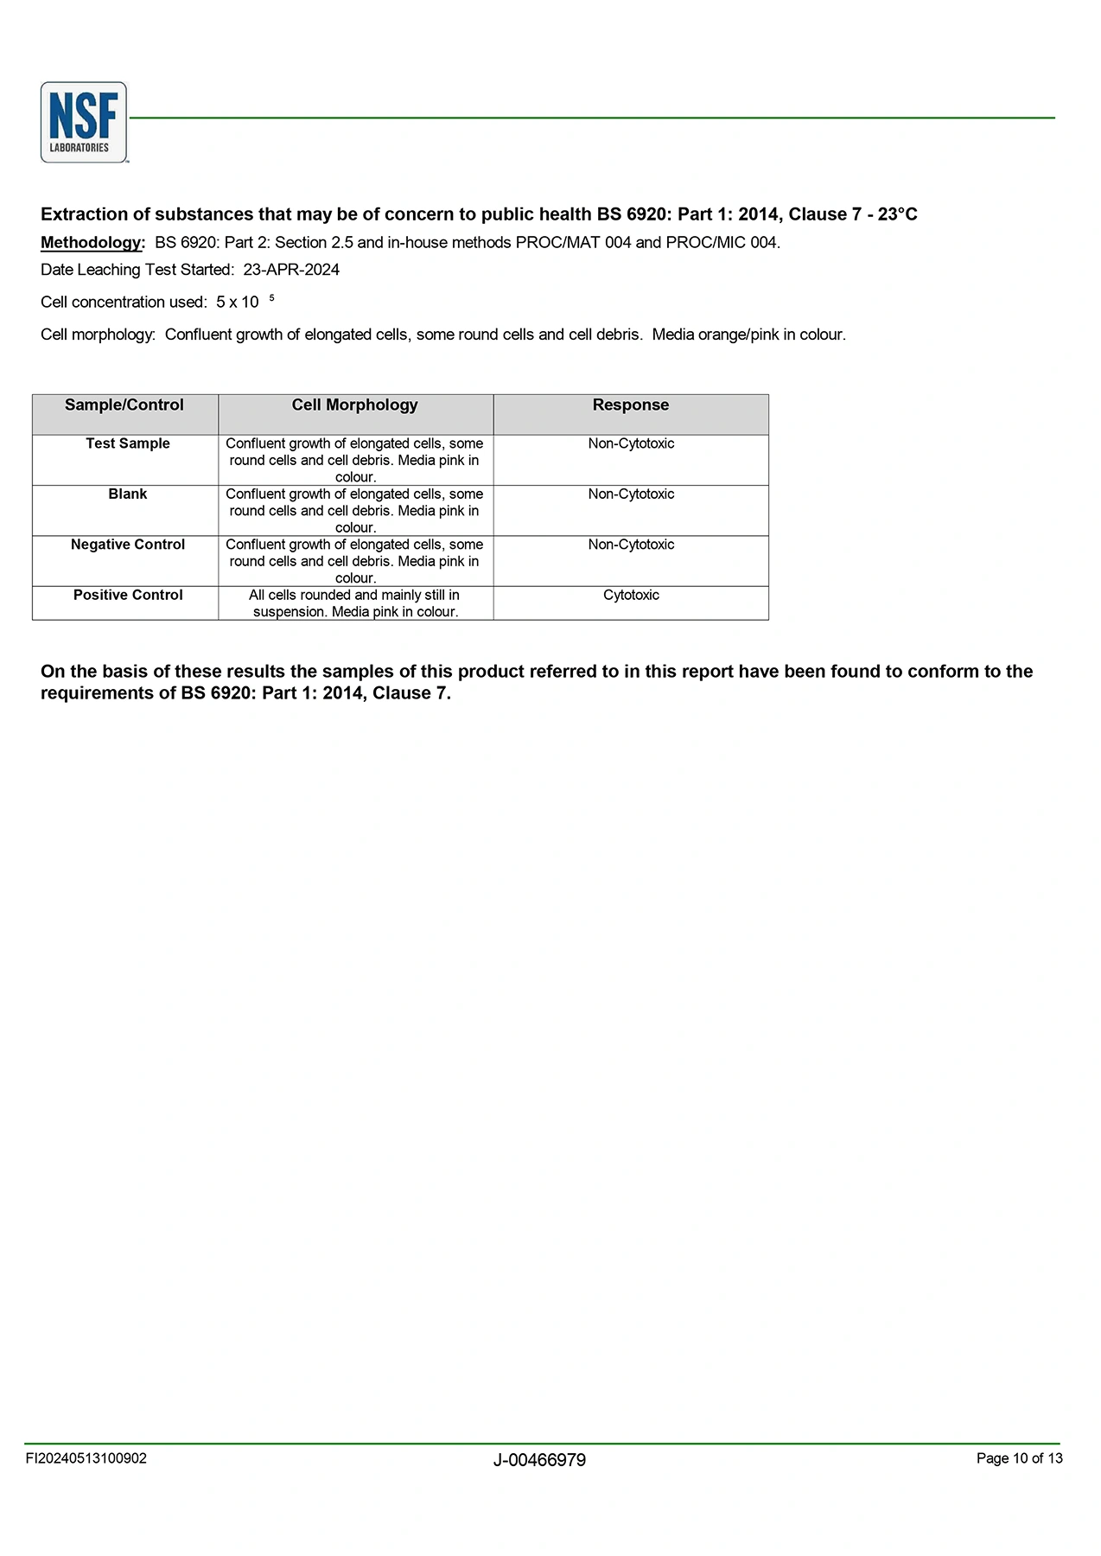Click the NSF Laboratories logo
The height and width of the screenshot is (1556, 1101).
click(x=84, y=122)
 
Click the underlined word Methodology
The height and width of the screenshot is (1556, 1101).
click(x=92, y=243)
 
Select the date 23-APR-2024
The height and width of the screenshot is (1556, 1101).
click(x=291, y=270)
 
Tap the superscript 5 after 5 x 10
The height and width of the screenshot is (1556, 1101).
click(x=271, y=298)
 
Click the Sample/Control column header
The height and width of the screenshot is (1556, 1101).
click(x=124, y=405)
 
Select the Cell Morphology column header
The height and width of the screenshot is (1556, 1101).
click(x=354, y=405)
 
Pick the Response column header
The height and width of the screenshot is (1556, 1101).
click(x=631, y=405)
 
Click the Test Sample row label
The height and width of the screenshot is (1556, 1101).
click(x=128, y=443)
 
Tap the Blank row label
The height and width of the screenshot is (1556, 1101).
click(x=128, y=494)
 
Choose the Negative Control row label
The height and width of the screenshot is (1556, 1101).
click(x=128, y=545)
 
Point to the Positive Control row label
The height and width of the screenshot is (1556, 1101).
click(x=128, y=596)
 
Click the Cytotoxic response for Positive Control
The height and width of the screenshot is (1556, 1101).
click(x=631, y=596)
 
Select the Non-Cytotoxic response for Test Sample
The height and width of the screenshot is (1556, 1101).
click(x=631, y=443)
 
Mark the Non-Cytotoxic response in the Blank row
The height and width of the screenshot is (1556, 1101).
click(x=631, y=494)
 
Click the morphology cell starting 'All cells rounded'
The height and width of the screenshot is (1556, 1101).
click(x=354, y=603)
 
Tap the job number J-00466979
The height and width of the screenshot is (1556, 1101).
click(x=539, y=1460)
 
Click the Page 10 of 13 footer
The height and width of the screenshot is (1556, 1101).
click(x=1019, y=1458)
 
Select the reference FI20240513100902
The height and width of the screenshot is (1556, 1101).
click(x=86, y=1458)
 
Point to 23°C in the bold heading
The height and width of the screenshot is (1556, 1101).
click(x=897, y=214)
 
